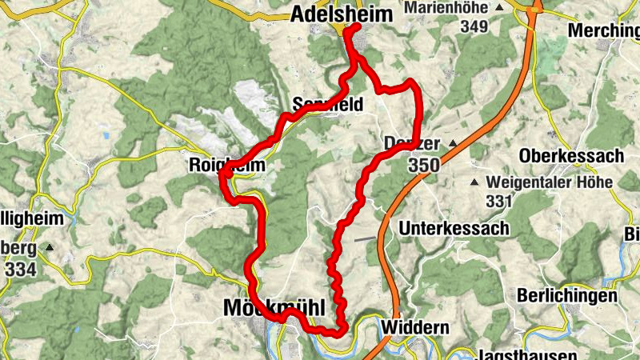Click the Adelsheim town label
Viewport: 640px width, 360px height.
point(343,14)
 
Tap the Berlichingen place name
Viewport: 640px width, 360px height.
point(567,295)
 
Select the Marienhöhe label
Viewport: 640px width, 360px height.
point(448,8)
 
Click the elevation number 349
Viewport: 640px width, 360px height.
point(474,26)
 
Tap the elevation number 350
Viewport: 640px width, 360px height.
point(423,166)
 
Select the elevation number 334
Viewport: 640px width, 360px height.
point(19,270)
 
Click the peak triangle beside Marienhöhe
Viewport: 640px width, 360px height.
point(499,8)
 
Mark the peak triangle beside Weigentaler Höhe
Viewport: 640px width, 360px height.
point(478,183)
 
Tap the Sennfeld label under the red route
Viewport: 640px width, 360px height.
point(328,104)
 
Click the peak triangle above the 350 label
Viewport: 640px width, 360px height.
point(453,144)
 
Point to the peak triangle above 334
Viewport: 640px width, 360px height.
point(50,248)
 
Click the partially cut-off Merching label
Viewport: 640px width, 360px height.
point(603,30)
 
